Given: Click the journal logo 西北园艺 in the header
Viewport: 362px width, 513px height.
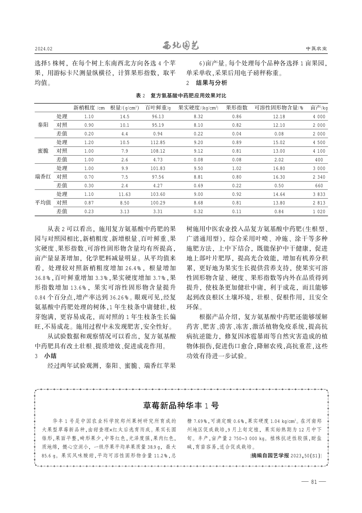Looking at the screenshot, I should click(181, 47).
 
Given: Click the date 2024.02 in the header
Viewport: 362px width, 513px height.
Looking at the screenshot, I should click(43, 49).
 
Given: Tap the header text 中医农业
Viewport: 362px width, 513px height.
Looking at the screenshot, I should click(317, 49).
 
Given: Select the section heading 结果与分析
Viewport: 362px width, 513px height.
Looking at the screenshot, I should click(211, 82).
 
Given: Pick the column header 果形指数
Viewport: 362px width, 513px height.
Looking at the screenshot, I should click(237, 108).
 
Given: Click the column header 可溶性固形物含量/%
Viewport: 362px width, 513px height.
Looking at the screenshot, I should click(279, 108).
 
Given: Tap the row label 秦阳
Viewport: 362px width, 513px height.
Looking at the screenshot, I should click(43, 125).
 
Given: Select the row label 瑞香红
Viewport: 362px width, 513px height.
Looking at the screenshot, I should click(43, 177).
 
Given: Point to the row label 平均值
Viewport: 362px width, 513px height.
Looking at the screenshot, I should click(43, 203).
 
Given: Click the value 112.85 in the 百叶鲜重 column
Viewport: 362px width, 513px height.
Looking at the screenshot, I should click(158, 142).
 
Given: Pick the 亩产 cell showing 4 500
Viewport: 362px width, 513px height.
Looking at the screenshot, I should click(319, 142).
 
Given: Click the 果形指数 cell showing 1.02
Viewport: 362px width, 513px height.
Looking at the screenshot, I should click(237, 168).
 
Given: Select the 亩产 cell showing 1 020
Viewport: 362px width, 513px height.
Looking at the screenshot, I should click(319, 211).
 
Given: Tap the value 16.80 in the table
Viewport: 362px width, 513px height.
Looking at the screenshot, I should click(279, 168).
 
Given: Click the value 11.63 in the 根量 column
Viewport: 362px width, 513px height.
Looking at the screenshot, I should click(125, 194).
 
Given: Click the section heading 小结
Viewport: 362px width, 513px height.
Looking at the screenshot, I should click(50, 356).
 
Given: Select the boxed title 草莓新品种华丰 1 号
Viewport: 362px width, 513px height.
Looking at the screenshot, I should click(181, 405).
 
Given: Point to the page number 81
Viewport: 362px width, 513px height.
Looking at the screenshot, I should click(314, 482).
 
